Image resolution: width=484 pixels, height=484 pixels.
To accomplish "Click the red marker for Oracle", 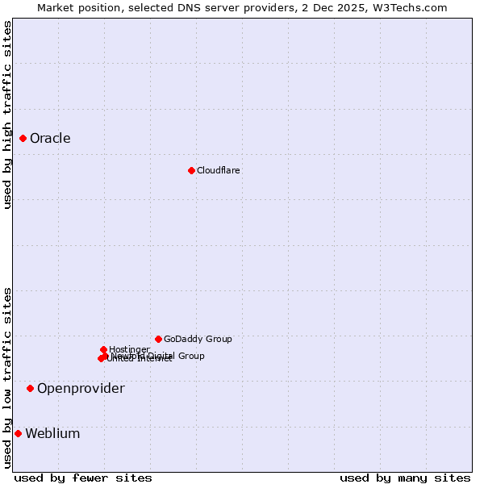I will point(23,139).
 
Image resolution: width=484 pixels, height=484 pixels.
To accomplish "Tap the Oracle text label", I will point(50,139).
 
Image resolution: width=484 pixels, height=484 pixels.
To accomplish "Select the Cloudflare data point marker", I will point(191,170).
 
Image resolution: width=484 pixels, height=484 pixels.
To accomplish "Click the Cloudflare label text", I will point(219,170).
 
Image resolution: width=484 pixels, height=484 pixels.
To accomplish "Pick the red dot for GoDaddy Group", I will point(158,339).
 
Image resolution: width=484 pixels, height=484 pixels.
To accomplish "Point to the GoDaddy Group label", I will point(198,339).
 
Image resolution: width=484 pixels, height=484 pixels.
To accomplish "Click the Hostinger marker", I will point(104,349).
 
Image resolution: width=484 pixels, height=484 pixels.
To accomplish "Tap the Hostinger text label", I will point(129,349).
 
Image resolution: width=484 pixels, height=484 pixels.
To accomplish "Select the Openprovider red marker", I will point(31,389).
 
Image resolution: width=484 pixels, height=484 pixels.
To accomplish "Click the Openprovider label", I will point(81,389).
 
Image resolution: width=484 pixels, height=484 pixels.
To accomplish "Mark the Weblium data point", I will point(18,434).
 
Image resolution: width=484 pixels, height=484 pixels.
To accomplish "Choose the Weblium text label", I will point(52,434).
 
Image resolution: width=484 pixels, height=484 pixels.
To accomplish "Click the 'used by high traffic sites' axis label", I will point(8,115).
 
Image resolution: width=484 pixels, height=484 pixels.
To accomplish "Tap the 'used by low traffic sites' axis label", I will point(8,378).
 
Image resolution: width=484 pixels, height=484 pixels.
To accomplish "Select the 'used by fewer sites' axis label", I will point(83,478).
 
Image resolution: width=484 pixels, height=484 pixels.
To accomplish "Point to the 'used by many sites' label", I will point(405,478).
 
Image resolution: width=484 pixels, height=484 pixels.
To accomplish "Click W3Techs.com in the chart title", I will point(415,7).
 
